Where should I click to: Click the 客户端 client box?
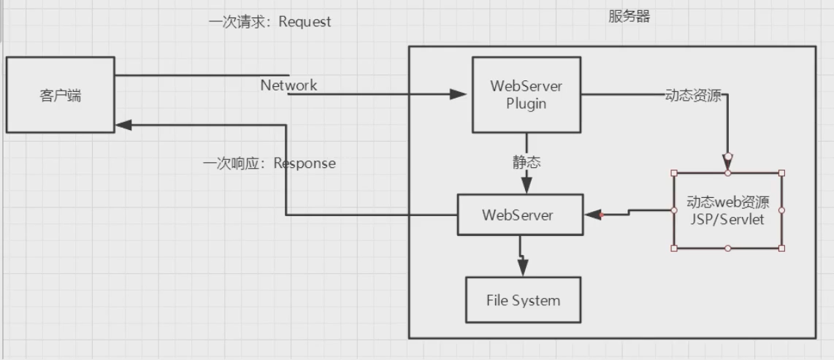coord(61,95)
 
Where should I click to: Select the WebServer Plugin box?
coord(527,95)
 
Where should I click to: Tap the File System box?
coord(524,300)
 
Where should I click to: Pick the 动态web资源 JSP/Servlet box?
coord(727,210)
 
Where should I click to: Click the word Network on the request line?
coord(289,85)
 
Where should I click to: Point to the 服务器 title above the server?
coord(630,16)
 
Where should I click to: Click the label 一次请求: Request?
coord(269,22)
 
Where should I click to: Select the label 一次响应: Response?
coord(269,163)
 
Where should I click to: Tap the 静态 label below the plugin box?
coord(527,162)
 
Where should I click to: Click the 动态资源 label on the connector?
coord(692,95)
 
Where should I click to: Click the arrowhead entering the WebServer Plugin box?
coord(459,94)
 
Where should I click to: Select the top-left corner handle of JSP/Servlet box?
coord(673,173)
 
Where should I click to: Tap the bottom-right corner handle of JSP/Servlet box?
coord(781,248)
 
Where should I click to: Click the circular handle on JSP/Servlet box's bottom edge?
coord(727,248)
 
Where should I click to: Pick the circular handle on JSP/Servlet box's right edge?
coord(781,210)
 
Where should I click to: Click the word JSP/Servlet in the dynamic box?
coord(727,219)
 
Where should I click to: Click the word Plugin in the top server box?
coord(527,104)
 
